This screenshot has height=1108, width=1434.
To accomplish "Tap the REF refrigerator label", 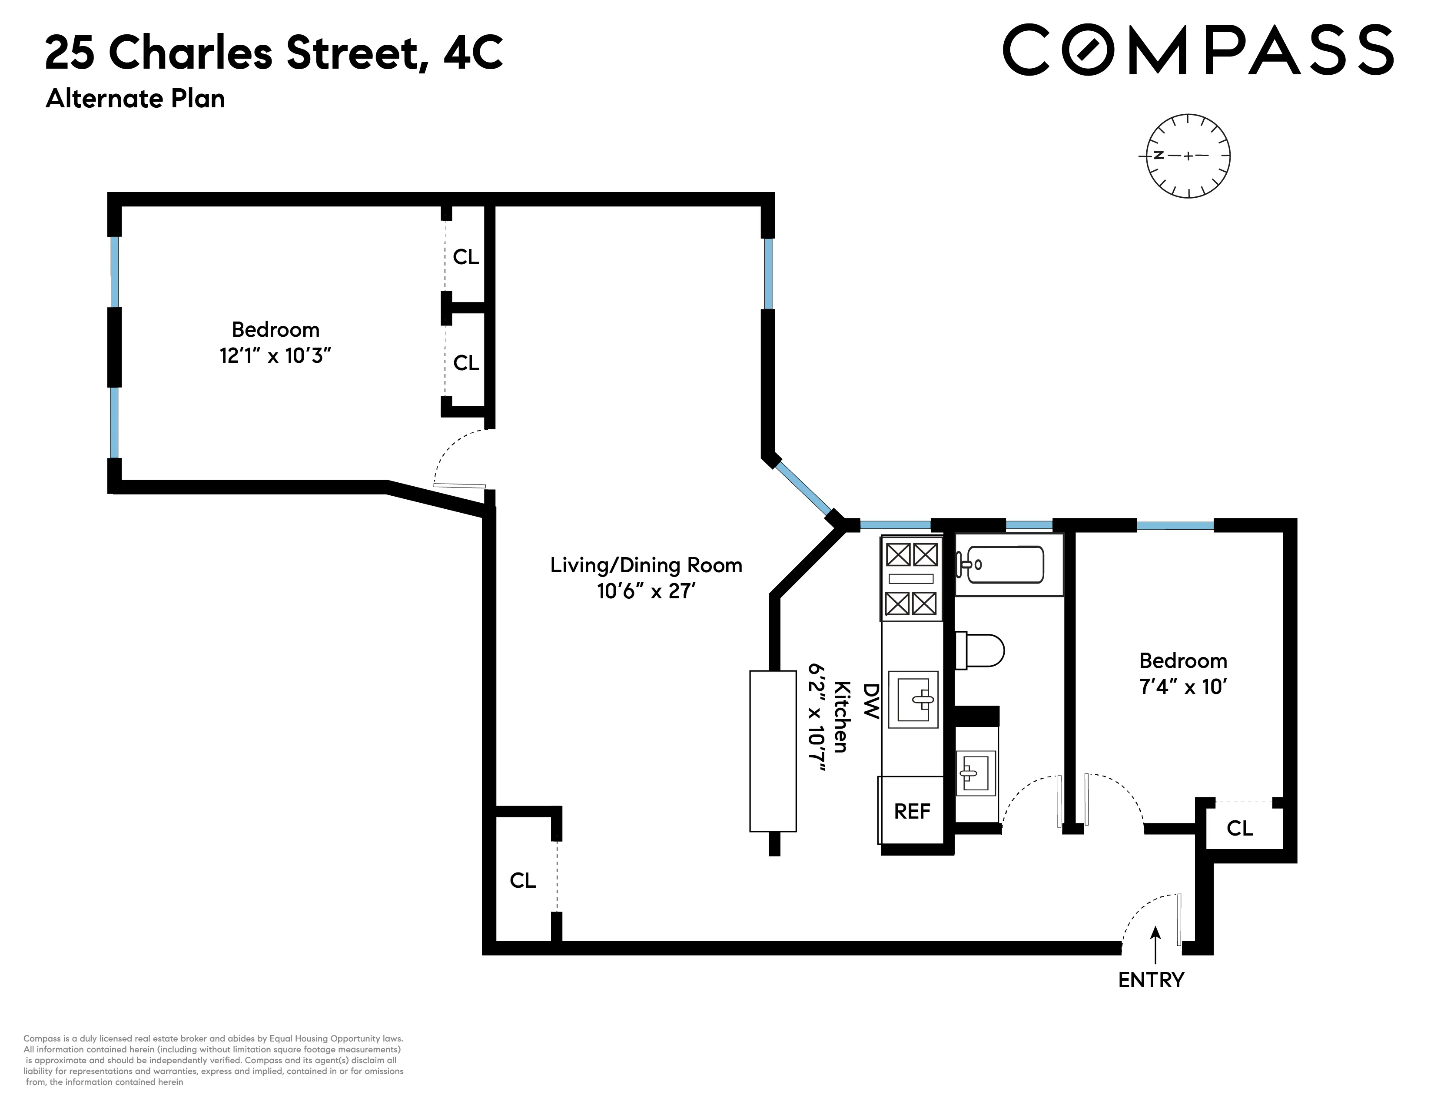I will tap(912, 811).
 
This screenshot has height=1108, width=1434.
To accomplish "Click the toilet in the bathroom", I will tap(981, 650).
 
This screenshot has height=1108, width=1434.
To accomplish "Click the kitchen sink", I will tap(913, 700).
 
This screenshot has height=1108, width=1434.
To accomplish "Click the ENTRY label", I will tap(1151, 980).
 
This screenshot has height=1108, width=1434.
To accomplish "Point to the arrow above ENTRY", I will tap(1155, 944).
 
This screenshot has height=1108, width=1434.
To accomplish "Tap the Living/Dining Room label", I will tap(646, 565).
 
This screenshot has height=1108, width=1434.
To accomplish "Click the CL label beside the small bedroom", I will tap(1240, 828).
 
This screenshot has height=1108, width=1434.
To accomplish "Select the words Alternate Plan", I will tap(135, 99).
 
